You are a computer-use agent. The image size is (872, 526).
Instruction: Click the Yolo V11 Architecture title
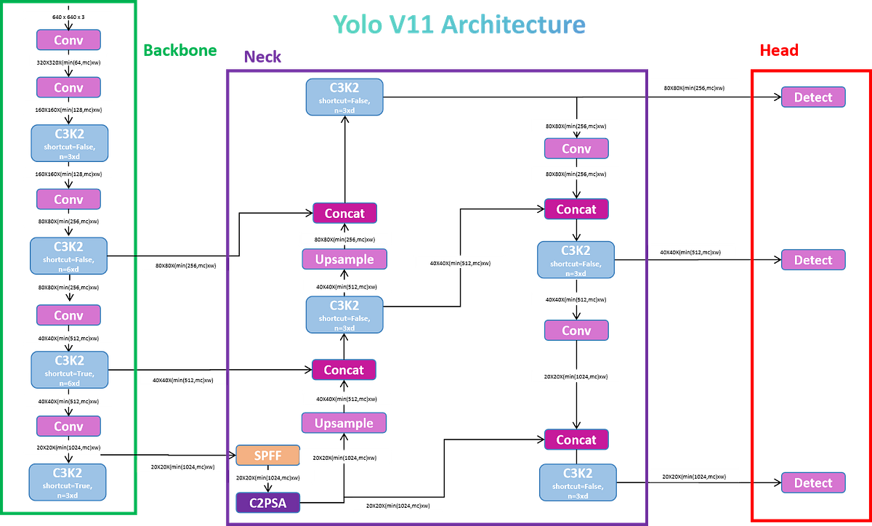pyautogui.click(x=459, y=25)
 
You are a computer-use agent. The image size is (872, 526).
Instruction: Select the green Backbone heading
pyautogui.click(x=179, y=50)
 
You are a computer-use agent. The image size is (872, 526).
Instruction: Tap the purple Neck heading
pyautogui.click(x=262, y=56)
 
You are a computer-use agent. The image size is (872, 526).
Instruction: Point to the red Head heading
pyautogui.click(x=779, y=49)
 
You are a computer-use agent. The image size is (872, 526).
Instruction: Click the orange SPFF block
pyautogui.click(x=267, y=456)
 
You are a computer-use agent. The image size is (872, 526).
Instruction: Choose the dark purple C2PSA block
pyautogui.click(x=267, y=503)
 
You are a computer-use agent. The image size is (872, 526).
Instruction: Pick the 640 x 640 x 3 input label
pyautogui.click(x=68, y=15)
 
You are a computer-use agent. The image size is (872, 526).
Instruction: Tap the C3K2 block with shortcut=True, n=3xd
pyautogui.click(x=69, y=481)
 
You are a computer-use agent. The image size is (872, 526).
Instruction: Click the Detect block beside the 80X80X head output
pyautogui.click(x=813, y=97)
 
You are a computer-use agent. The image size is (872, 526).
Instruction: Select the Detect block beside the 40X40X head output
pyautogui.click(x=813, y=260)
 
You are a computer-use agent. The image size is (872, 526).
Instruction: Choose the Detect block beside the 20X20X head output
pyautogui.click(x=813, y=483)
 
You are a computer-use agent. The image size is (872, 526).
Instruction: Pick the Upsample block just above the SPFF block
pyautogui.click(x=344, y=423)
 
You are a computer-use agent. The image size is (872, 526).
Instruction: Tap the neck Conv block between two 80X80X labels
pyautogui.click(x=576, y=149)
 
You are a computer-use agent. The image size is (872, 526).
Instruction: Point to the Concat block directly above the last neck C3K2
pyautogui.click(x=576, y=440)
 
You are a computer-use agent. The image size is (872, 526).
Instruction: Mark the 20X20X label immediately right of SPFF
pyautogui.click(x=346, y=457)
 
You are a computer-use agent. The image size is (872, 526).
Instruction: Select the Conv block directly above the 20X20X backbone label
pyautogui.click(x=69, y=426)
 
